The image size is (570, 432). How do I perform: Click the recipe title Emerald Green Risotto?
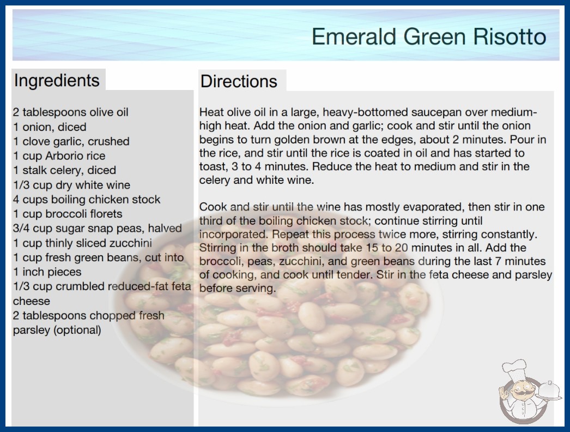[x=429, y=37]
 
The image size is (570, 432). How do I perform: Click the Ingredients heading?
[x=57, y=81]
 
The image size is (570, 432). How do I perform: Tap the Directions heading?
[x=239, y=81]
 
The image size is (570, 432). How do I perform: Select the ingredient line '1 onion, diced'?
[x=50, y=127]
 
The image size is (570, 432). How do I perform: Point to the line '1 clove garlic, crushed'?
[x=71, y=141]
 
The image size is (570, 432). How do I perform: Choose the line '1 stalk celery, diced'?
[x=65, y=170]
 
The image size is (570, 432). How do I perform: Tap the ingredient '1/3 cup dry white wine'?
[x=71, y=185]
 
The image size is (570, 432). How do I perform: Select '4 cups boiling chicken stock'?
[x=87, y=200]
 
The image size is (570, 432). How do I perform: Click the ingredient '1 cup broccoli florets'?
[x=68, y=214]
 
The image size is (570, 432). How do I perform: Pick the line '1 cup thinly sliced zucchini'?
[x=82, y=243]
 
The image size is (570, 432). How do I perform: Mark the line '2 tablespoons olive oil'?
[x=71, y=112]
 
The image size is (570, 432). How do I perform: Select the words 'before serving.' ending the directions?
[x=238, y=288]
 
